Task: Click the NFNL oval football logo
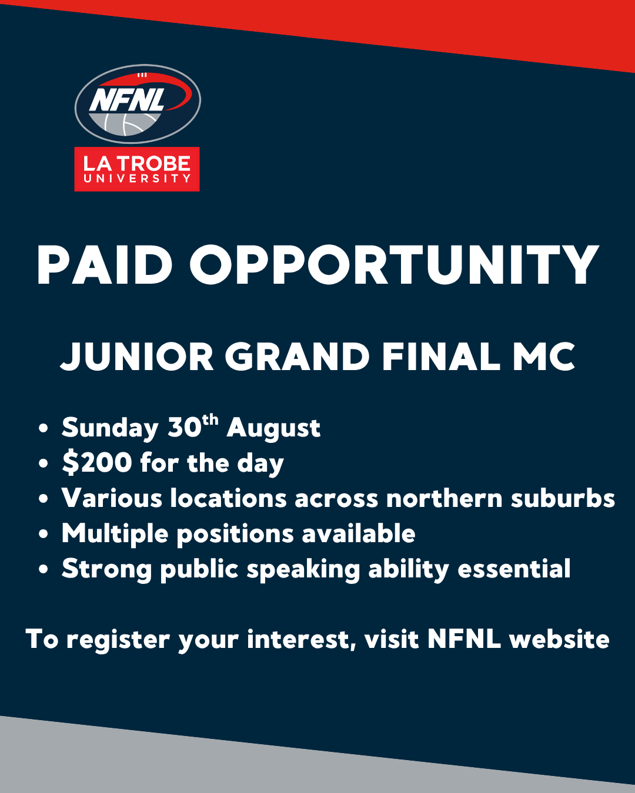137,103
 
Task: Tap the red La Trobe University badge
137,169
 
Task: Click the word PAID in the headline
105,265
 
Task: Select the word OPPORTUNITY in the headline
394,265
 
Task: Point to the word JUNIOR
137,357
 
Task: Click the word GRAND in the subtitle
298,357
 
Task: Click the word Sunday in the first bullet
110,429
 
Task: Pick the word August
273,429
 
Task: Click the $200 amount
97,462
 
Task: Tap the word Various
112,498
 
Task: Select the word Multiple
115,534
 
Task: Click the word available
359,533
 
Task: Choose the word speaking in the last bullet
303,570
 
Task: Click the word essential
514,569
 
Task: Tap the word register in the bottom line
118,640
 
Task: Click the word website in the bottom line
559,639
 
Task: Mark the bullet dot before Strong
44,569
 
